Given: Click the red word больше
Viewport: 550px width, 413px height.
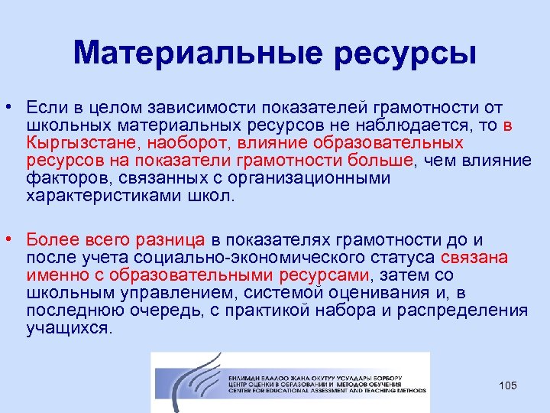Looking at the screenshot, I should pyautogui.click(x=379, y=160).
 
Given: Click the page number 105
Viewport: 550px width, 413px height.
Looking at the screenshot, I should pyautogui.click(x=508, y=385).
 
